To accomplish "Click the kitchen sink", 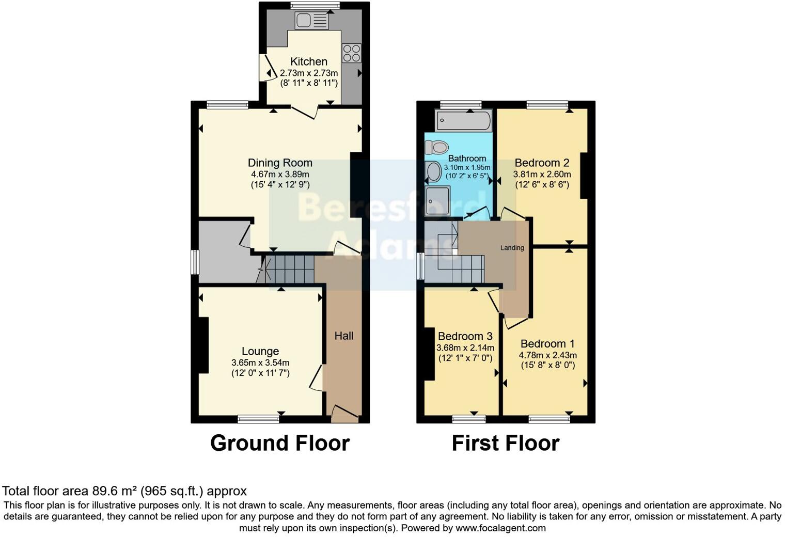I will (312, 21).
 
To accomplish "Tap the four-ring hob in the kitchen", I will (352, 53).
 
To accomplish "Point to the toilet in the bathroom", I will (437, 147).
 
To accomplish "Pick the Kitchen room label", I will (309, 61).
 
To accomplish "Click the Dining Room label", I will (280, 163).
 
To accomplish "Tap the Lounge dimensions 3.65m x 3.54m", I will (260, 362).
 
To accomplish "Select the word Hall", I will (344, 336).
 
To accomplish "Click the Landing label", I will (512, 248).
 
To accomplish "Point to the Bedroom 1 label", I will (547, 344).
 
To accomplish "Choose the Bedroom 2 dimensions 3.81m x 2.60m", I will (542, 175).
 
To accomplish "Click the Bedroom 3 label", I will (465, 337).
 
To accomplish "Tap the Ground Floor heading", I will (280, 443).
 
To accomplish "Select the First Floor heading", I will (506, 443).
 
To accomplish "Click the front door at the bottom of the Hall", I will (344, 414).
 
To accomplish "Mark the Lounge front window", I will (258, 418).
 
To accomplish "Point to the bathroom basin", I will (433, 170).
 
